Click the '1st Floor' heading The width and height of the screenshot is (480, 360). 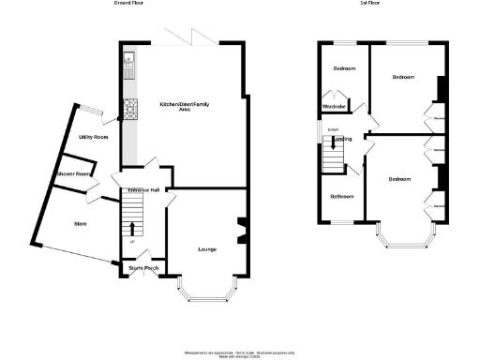(369, 4)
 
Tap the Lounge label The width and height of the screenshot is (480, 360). (207, 249)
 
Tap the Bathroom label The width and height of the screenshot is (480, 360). (340, 197)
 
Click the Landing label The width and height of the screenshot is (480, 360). (343, 139)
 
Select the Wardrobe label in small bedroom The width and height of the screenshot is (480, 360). (337, 106)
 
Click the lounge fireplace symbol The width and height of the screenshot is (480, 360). (243, 229)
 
